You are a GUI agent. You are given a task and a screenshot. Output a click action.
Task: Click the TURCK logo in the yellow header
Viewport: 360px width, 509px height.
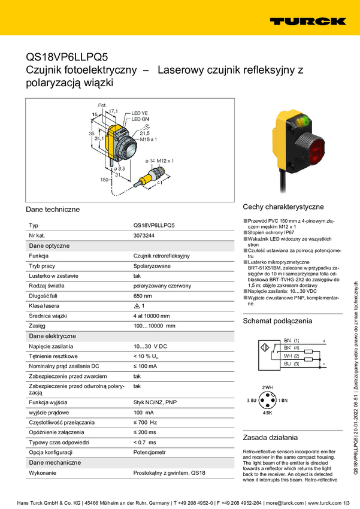[x=307, y=21]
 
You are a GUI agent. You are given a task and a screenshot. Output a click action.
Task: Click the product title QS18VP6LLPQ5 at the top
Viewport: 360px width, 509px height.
[x=66, y=57]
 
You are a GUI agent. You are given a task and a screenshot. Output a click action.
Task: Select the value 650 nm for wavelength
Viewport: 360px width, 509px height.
[x=143, y=296]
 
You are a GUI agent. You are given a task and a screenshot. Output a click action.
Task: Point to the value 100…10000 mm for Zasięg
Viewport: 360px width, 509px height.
[x=154, y=326]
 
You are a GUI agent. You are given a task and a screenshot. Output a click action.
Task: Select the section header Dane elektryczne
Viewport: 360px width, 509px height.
[x=52, y=336]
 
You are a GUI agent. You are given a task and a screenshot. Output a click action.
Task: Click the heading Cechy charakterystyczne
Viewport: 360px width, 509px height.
[x=283, y=206]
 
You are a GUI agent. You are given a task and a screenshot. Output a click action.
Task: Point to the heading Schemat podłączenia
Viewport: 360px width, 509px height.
[x=277, y=321]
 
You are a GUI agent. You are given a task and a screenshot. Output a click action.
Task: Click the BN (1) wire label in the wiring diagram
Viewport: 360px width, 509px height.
[x=292, y=340]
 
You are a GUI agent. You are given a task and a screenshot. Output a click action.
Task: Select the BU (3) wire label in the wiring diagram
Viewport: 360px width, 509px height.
[x=292, y=363]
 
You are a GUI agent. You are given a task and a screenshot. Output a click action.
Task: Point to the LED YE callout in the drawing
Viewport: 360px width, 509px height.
[x=140, y=113]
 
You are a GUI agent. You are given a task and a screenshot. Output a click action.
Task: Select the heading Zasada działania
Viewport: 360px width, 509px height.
[x=270, y=437]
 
